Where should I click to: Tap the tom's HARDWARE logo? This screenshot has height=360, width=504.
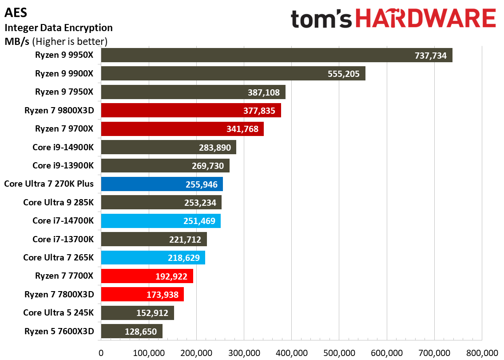click(x=393, y=19)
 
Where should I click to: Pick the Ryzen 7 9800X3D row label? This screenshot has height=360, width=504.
click(x=59, y=110)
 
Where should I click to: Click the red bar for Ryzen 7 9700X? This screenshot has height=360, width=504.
click(x=182, y=129)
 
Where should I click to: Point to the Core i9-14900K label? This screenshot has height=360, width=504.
click(x=63, y=147)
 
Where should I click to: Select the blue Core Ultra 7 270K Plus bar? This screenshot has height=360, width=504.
click(x=162, y=184)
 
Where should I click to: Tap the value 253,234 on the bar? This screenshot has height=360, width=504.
click(x=200, y=203)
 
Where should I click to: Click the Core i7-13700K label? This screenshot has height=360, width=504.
click(x=63, y=239)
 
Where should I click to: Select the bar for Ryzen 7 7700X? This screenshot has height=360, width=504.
click(x=147, y=276)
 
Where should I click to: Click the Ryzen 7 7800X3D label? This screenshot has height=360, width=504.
click(x=59, y=294)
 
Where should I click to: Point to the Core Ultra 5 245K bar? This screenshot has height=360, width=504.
click(x=137, y=313)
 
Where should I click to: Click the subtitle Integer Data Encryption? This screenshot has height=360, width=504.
click(x=58, y=28)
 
